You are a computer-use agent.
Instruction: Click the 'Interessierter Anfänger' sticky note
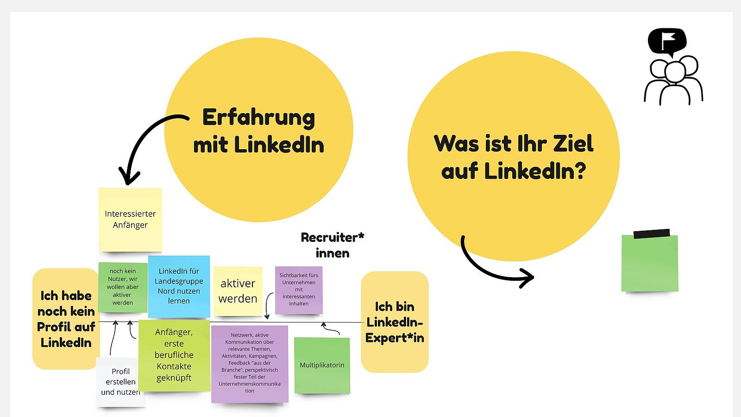click(130, 220)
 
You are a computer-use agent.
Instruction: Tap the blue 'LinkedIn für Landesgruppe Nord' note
click(179, 286)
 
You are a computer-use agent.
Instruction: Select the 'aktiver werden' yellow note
click(238, 291)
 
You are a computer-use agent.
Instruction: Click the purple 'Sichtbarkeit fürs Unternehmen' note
click(299, 290)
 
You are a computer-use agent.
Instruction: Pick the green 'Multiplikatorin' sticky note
click(322, 366)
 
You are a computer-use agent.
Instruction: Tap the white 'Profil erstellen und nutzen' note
click(120, 382)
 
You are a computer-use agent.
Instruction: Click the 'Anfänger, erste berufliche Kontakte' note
click(174, 355)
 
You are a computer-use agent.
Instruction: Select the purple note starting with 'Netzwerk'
click(250, 364)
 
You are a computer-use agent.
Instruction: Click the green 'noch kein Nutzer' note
click(123, 287)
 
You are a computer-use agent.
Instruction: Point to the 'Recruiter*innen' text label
click(333, 245)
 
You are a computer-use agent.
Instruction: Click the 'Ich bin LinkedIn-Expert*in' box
click(395, 322)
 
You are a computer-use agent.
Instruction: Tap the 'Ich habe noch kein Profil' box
click(66, 319)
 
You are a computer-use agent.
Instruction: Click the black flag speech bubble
click(667, 42)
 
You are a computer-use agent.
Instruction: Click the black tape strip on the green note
click(652, 234)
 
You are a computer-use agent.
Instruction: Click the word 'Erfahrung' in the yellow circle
click(258, 118)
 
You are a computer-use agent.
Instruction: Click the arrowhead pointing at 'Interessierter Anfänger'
click(129, 176)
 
